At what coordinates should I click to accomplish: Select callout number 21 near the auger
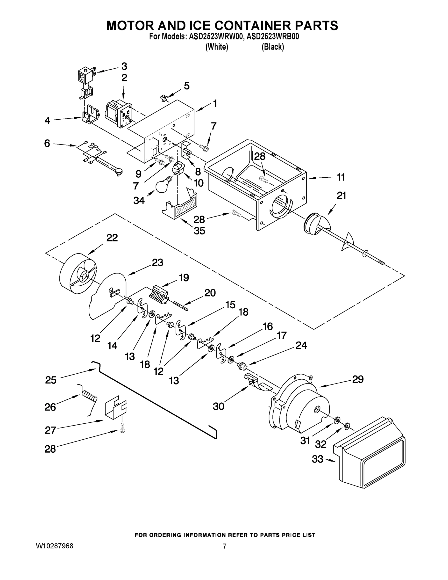pyautogui.click(x=341, y=196)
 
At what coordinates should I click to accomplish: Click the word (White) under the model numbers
pyautogui.click(x=217, y=47)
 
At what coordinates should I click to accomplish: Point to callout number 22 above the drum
pyautogui.click(x=112, y=238)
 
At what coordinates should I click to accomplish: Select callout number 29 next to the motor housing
pyautogui.click(x=357, y=379)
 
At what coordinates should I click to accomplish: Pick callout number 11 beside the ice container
pyautogui.click(x=341, y=177)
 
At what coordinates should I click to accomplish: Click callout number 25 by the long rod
pyautogui.click(x=50, y=380)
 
